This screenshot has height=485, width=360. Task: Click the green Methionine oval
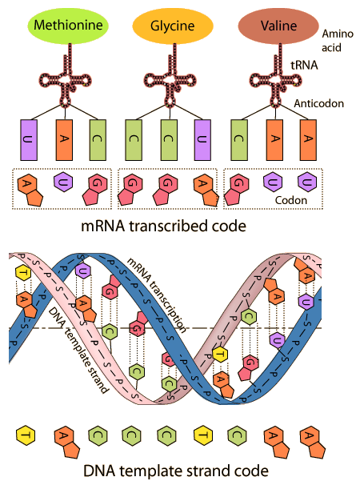point(68,26)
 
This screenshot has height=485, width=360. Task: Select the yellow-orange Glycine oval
point(173,26)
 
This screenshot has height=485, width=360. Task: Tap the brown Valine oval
point(278,26)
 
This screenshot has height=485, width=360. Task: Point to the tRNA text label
point(304,65)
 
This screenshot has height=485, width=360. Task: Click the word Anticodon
point(318,103)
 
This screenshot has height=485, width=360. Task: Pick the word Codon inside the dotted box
point(291,200)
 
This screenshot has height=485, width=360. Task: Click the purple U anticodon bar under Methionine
point(29,140)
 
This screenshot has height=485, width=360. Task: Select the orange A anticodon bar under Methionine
point(64,140)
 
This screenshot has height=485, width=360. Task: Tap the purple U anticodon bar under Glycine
point(202,140)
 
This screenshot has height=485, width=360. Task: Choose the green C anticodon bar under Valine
point(239,140)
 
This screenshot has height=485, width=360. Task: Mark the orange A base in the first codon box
point(30,190)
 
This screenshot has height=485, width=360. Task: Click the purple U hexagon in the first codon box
point(63,182)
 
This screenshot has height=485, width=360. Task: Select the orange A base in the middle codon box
point(206,190)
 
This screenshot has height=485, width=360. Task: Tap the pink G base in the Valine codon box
point(237,190)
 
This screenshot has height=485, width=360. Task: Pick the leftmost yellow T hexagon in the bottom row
point(26,435)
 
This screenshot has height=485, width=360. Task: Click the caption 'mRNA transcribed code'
point(163,226)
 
